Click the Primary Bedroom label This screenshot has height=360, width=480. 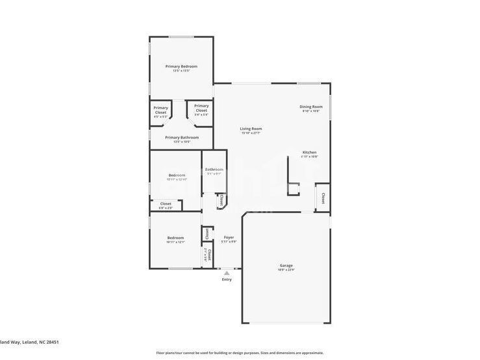pyautogui.click(x=181, y=66)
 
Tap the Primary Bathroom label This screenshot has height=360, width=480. pyautogui.click(x=182, y=137)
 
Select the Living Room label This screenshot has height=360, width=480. pyautogui.click(x=251, y=129)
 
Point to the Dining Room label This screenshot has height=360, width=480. pyautogui.click(x=311, y=107)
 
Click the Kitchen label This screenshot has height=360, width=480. pyautogui.click(x=309, y=152)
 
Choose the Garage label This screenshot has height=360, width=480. pyautogui.click(x=286, y=265)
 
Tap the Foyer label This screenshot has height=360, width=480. pyautogui.click(x=229, y=237)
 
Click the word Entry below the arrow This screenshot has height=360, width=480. pyautogui.click(x=227, y=279)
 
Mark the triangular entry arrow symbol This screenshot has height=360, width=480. pyautogui.click(x=227, y=274)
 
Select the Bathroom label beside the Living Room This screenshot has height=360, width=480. pyautogui.click(x=214, y=170)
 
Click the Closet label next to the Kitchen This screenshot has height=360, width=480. pyautogui.click(x=322, y=198)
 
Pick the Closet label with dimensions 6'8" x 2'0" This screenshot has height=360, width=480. pyautogui.click(x=166, y=203)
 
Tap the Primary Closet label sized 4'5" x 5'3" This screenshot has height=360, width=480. pyautogui.click(x=160, y=110)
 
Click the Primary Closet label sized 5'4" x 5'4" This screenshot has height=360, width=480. pyautogui.click(x=201, y=108)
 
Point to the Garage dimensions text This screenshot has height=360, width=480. pyautogui.click(x=286, y=270)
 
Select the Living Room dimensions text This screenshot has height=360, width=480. pyautogui.click(x=251, y=133)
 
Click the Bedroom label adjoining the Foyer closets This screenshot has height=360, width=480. pyautogui.click(x=175, y=238)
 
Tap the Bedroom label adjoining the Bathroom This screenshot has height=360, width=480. pyautogui.click(x=177, y=175)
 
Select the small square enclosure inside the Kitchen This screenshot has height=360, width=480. pyautogui.click(x=294, y=189)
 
